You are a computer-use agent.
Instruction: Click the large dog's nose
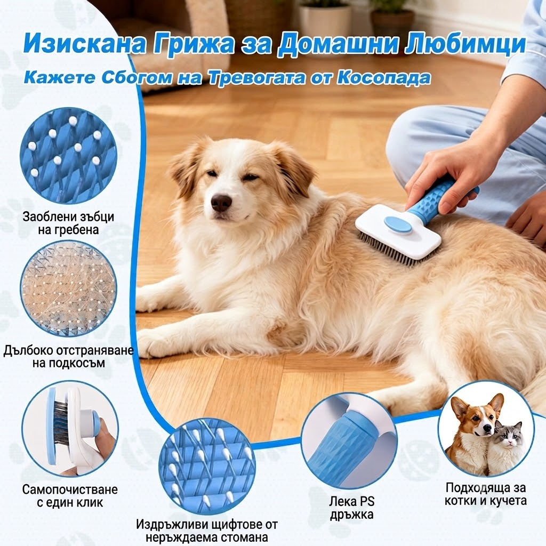click(221, 203)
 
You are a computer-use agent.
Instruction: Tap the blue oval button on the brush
click(398, 224)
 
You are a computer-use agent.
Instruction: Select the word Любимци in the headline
click(465, 45)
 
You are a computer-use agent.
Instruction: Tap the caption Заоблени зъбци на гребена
click(68, 223)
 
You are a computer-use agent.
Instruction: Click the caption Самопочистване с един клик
click(70, 496)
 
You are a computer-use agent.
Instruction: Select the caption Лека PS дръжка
click(352, 508)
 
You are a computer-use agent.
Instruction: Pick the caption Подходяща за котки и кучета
click(485, 494)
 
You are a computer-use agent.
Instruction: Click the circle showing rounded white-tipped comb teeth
click(69, 155)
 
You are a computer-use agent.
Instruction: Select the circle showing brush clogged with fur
click(69, 288)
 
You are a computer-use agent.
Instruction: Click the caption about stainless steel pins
click(207, 531)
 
